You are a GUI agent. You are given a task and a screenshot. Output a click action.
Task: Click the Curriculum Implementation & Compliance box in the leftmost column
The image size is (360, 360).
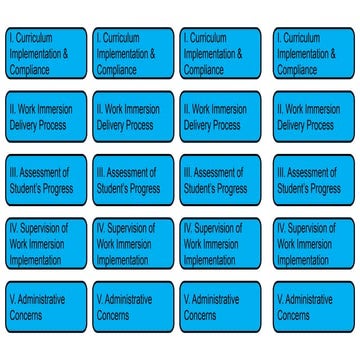(x=46, y=53)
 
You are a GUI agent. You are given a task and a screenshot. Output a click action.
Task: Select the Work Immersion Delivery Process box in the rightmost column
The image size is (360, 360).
(x=314, y=117)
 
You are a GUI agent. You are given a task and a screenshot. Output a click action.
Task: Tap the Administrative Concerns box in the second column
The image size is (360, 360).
(x=133, y=307)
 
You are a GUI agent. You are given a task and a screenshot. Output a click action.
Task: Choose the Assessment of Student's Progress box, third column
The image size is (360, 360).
(x=220, y=180)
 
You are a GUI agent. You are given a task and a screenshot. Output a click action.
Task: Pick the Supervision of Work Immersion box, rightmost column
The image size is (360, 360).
(x=314, y=243)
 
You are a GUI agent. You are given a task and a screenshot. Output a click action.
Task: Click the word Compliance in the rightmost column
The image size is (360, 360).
(x=297, y=70)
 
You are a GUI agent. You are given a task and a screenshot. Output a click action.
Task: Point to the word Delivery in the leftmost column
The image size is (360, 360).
(x=23, y=126)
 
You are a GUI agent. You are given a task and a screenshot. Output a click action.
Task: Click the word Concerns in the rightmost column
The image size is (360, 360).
(x=293, y=315)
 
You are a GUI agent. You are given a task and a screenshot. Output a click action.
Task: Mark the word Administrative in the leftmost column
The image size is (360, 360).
(x=41, y=299)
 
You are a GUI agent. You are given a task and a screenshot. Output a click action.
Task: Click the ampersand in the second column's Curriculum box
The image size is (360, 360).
(x=152, y=53)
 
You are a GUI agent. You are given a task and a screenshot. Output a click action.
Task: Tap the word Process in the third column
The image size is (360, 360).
(x=226, y=125)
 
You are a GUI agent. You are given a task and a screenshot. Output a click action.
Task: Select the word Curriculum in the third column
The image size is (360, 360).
(x=208, y=38)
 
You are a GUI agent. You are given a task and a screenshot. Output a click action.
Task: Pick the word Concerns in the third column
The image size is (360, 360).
(x=200, y=315)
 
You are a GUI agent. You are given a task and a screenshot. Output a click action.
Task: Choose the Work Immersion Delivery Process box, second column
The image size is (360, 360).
(x=133, y=117)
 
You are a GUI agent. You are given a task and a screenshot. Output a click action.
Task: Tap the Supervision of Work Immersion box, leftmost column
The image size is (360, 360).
(x=46, y=243)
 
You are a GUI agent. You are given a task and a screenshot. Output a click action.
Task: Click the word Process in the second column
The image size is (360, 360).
(x=139, y=125)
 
